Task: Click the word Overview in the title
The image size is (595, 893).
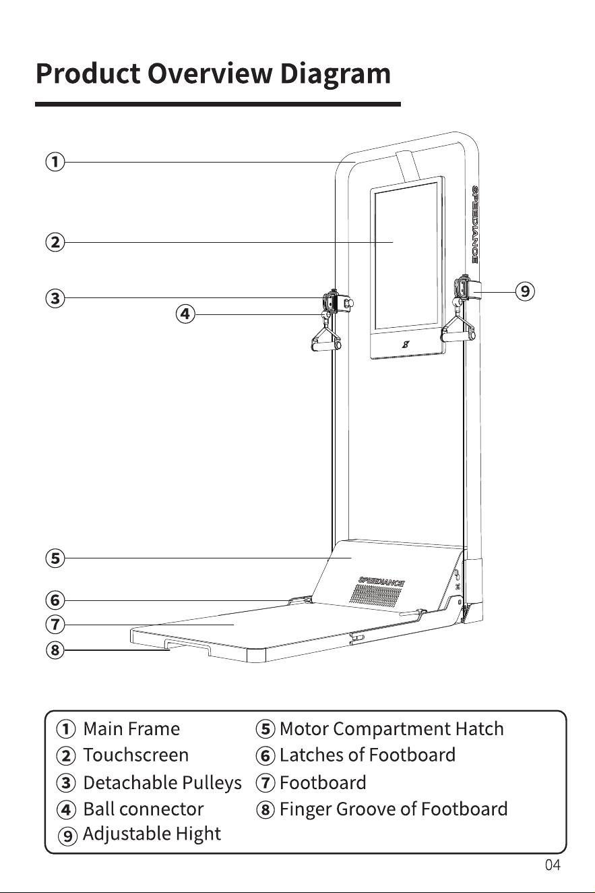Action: pos(210,74)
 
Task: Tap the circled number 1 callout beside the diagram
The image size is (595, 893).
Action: pos(55,162)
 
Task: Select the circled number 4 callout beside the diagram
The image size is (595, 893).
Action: pos(185,314)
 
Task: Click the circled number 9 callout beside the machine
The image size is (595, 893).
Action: pos(526,291)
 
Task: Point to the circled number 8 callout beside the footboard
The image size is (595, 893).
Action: pos(55,650)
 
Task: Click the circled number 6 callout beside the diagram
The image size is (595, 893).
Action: pos(55,600)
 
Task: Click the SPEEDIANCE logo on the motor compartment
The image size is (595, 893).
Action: pos(381,582)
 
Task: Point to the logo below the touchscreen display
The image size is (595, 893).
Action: pos(406,344)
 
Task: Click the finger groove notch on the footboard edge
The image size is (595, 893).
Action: pos(187,646)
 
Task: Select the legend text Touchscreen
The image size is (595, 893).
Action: pos(136,755)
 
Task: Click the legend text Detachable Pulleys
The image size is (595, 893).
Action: pos(162,782)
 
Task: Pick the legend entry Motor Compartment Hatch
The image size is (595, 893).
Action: pos(392,728)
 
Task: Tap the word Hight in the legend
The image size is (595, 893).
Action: pos(198,834)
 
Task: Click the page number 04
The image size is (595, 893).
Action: pos(553,865)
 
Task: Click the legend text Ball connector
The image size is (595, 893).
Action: pos(144,809)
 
